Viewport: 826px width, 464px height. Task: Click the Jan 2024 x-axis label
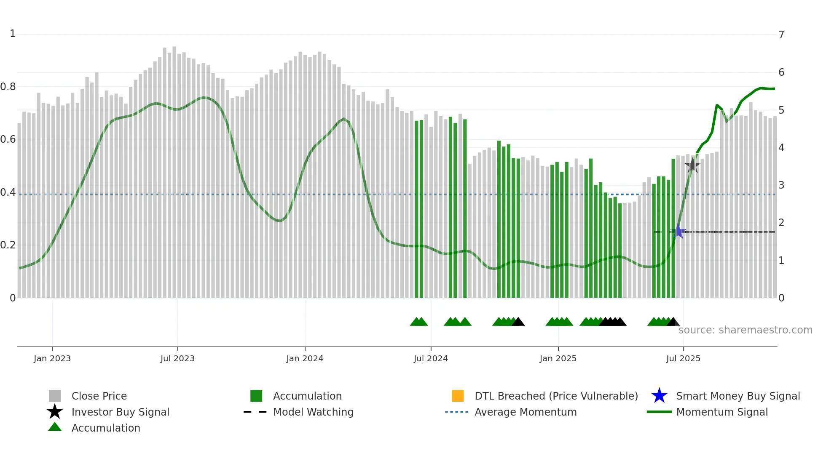[305, 358]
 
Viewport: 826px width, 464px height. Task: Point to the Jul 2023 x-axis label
[177, 358]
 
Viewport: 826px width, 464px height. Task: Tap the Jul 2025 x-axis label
[683, 358]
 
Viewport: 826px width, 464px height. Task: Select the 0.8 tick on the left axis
[8, 87]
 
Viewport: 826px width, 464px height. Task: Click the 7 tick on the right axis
[781, 35]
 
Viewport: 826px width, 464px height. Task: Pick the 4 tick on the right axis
[781, 147]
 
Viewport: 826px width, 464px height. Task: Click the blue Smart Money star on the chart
[678, 232]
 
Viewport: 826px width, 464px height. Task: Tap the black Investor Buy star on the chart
[692, 165]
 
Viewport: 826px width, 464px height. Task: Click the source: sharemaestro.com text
[745, 330]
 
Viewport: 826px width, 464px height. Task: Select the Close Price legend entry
[99, 396]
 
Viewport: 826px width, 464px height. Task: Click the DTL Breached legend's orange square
[458, 396]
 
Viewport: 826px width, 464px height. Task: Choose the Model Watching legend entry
[313, 412]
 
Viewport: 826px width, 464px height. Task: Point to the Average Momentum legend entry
[526, 412]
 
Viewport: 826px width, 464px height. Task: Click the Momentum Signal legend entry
[722, 412]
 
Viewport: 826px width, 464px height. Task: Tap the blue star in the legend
[660, 396]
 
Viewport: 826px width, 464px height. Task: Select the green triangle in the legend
[55, 427]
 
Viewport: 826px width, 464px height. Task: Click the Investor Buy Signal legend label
[121, 412]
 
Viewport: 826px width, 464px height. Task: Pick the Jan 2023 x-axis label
[52, 358]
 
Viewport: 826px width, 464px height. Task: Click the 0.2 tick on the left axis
[8, 245]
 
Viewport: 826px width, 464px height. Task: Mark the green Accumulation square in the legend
[256, 396]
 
